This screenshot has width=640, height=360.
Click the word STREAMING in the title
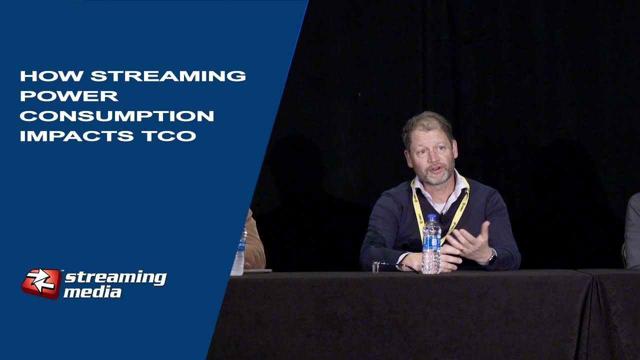coord(168,76)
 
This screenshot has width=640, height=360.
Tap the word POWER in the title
coord(69,96)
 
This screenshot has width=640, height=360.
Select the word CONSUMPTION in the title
coord(116,116)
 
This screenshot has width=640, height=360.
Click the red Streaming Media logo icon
coord(41,283)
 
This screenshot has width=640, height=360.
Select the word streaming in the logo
coord(115,277)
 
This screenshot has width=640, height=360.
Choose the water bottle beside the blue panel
coord(238,252)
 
